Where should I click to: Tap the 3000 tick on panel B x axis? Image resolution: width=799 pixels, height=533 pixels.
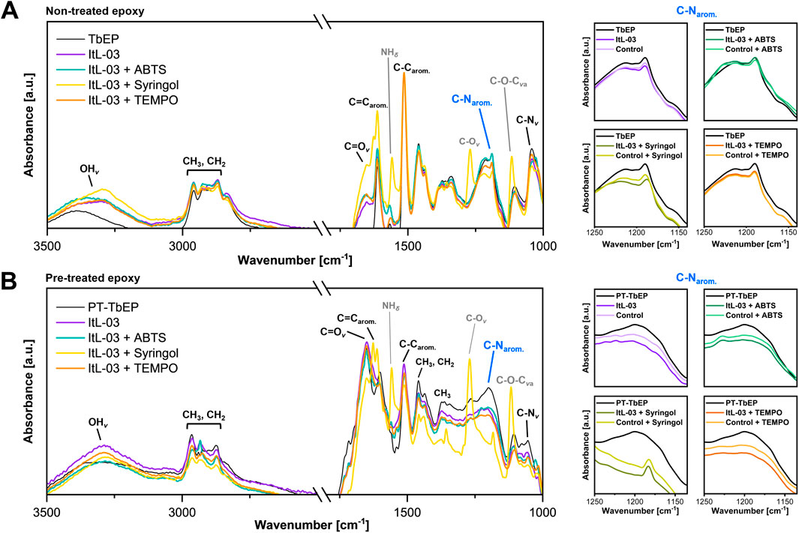[182, 511]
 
